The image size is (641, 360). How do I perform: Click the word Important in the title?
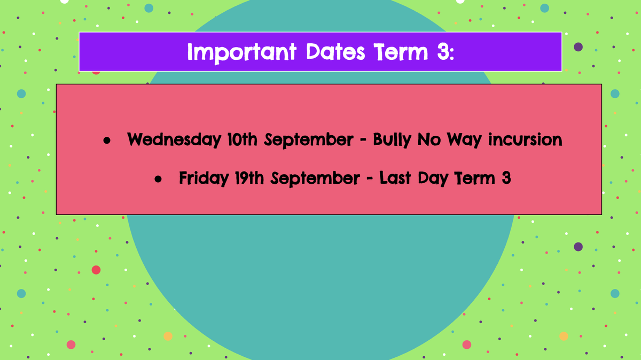click(242, 53)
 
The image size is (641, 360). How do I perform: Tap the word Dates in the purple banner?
click(335, 52)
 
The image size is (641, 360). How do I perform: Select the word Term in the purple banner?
click(401, 52)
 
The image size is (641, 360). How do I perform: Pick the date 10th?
click(243, 139)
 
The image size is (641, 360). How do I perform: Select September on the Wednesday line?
click(309, 140)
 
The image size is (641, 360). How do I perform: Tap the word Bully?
click(392, 140)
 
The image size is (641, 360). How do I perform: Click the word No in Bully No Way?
click(428, 139)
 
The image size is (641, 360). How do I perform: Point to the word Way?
click(464, 140)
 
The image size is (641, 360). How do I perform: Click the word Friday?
click(204, 178)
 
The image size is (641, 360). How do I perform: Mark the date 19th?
click(249, 178)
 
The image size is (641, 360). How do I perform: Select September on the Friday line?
click(315, 179)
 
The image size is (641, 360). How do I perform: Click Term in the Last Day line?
click(475, 178)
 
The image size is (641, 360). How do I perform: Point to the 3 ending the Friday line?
click(506, 178)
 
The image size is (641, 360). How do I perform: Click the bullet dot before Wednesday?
click(107, 140)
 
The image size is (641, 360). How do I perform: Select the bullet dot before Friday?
click(158, 179)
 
